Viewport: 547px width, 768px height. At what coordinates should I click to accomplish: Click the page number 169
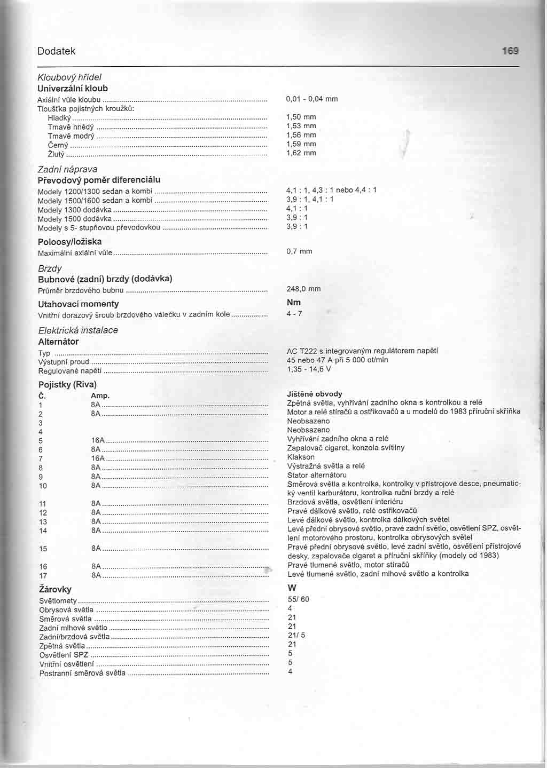(x=510, y=51)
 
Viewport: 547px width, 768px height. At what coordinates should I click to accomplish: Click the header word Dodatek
(x=57, y=51)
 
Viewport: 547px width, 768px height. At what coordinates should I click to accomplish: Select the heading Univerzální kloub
(x=73, y=88)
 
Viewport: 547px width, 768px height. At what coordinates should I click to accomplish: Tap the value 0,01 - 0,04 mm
(x=312, y=99)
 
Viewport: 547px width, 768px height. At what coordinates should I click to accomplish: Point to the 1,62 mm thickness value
(x=301, y=153)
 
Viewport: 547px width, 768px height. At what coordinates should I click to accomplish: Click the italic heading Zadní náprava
(x=68, y=169)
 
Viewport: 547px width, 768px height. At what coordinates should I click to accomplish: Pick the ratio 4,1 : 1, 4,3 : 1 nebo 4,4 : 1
(x=331, y=190)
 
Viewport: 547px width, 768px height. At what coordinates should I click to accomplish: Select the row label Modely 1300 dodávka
(x=75, y=210)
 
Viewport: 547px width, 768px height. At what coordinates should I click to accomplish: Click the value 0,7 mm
(x=299, y=251)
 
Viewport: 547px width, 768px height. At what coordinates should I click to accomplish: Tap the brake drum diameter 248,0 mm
(x=303, y=289)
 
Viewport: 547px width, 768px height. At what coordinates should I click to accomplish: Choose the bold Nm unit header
(x=294, y=302)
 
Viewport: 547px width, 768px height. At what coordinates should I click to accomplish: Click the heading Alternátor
(x=58, y=342)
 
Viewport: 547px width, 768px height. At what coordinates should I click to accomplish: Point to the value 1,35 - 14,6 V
(x=309, y=369)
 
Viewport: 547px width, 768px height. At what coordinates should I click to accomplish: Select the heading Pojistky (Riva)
(x=67, y=384)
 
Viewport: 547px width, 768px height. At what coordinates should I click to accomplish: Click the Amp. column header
(x=100, y=395)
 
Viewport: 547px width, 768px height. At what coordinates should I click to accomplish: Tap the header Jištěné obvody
(x=314, y=394)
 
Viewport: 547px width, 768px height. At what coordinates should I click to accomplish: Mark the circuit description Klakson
(x=301, y=457)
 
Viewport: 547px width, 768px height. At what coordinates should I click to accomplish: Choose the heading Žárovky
(x=55, y=589)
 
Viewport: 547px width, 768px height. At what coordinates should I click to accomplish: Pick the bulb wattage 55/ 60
(x=298, y=599)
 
